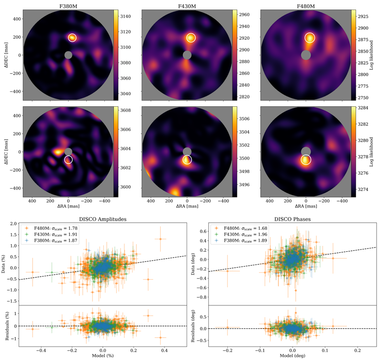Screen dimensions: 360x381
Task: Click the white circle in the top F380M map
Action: [x=72, y=37]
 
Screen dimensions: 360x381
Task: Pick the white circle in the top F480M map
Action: [x=310, y=37]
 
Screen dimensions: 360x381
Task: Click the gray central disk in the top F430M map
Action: [x=187, y=55]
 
